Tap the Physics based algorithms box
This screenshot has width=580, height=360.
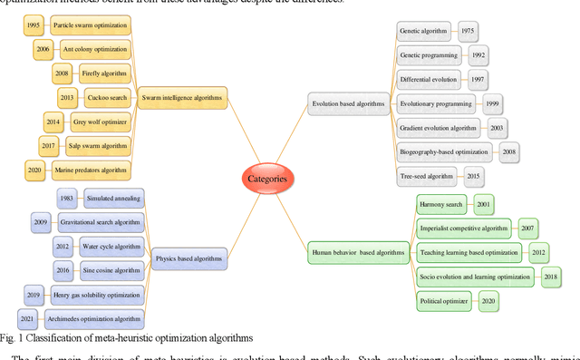[188, 258]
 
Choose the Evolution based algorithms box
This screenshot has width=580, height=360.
[348, 103]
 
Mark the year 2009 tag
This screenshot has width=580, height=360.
[40, 220]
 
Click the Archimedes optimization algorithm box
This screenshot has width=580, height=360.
[97, 317]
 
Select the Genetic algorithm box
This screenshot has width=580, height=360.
[423, 31]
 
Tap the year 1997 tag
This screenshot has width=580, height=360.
[476, 80]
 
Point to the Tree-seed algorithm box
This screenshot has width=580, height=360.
[429, 175]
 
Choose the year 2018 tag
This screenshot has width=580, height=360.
[550, 276]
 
